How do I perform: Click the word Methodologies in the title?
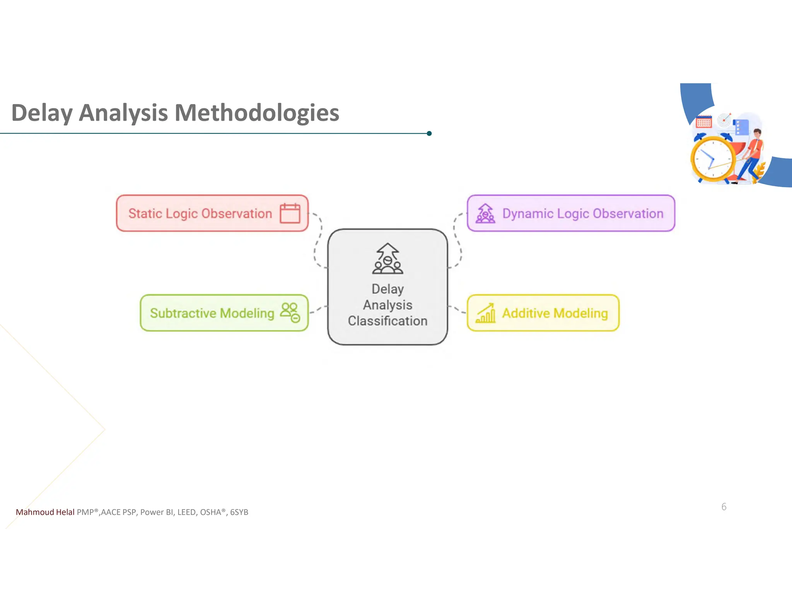click(x=257, y=113)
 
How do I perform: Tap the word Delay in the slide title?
click(x=42, y=113)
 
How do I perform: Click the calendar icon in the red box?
click(x=290, y=213)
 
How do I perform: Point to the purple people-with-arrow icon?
click(x=485, y=214)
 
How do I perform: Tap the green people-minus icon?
click(x=290, y=313)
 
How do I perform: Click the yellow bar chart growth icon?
click(x=486, y=313)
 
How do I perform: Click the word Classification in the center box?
click(x=387, y=321)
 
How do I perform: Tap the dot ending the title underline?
click(x=429, y=133)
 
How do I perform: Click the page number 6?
click(x=724, y=507)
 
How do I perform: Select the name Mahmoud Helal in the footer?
click(x=45, y=512)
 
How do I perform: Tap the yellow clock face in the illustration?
click(x=713, y=159)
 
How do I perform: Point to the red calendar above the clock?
click(x=703, y=122)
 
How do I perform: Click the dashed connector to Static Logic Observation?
click(x=318, y=240)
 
